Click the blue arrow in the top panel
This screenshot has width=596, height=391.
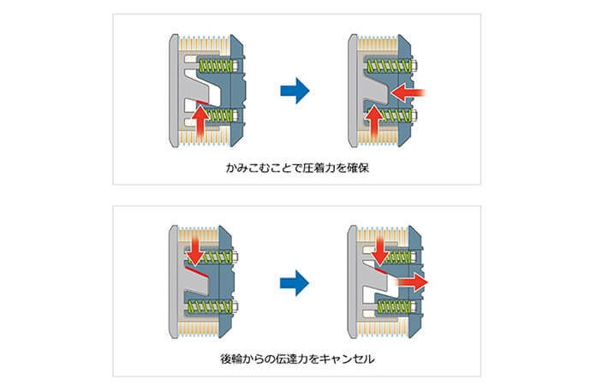295,91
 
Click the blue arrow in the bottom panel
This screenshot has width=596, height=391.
295,283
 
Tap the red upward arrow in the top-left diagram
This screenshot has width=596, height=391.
200,121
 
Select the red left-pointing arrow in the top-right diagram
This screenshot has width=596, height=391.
408,93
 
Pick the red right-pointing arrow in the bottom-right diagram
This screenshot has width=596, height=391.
413,282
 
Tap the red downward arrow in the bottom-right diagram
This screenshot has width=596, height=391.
379,251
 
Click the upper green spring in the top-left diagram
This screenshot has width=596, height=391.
217,65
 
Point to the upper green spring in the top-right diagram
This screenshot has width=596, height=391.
390,66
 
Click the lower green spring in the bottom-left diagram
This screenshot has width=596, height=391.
211,306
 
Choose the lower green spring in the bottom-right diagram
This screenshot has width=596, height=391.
394,307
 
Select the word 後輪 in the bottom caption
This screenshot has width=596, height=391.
232,358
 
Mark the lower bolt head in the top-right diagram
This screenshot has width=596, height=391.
414,115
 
